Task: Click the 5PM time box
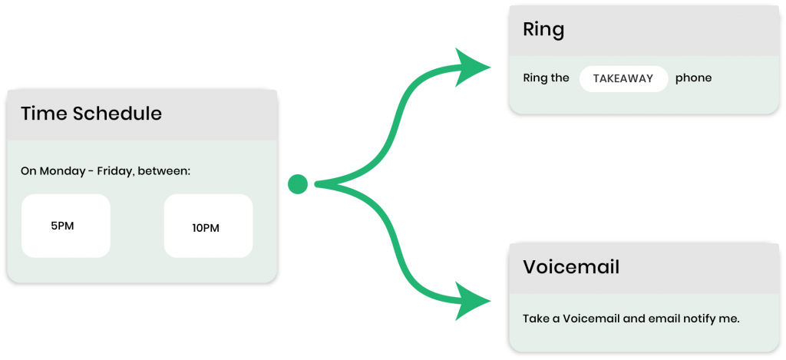tap(65, 226)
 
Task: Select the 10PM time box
tap(208, 226)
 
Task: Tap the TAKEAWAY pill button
tap(623, 78)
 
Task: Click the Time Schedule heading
tap(91, 114)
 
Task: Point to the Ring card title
tap(543, 30)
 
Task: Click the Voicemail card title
tap(571, 267)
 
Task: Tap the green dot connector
tap(298, 184)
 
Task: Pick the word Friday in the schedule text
tap(116, 170)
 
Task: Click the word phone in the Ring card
tap(693, 78)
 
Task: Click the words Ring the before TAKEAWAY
tap(546, 78)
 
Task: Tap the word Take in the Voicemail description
tap(536, 319)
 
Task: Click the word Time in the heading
tap(44, 114)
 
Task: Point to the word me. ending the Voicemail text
tap(730, 319)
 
